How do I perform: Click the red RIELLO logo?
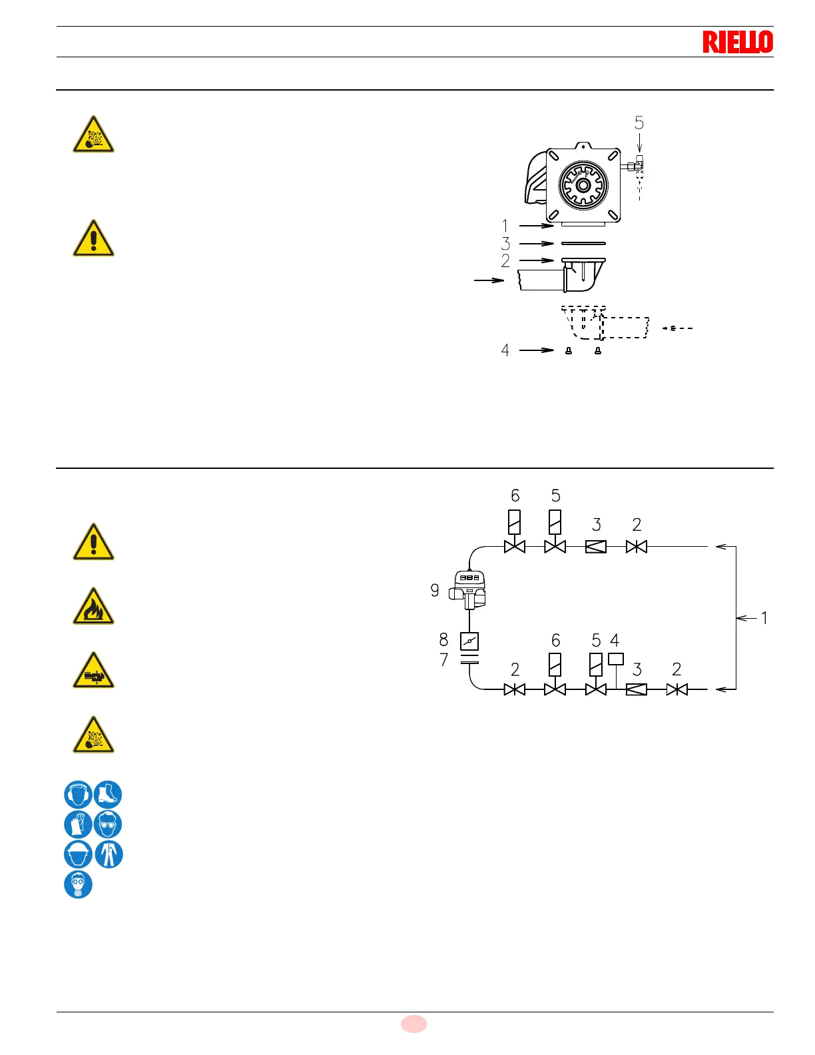[738, 42]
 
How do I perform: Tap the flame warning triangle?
[93, 607]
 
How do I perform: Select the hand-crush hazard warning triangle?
[93, 671]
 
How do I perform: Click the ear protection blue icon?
[78, 795]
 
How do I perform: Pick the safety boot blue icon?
[108, 795]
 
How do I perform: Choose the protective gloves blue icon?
[78, 825]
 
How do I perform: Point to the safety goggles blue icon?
[108, 825]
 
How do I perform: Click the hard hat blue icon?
[78, 855]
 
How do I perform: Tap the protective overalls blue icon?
[109, 855]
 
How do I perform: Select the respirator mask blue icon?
[78, 884]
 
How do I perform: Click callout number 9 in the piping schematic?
[435, 590]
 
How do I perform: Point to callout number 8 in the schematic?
[443, 640]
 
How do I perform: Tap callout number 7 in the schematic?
[443, 660]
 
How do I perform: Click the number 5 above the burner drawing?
[639, 123]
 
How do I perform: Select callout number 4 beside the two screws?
[505, 350]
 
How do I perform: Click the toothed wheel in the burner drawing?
[583, 184]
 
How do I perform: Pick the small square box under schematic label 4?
[616, 659]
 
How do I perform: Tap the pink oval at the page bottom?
[413, 1024]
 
